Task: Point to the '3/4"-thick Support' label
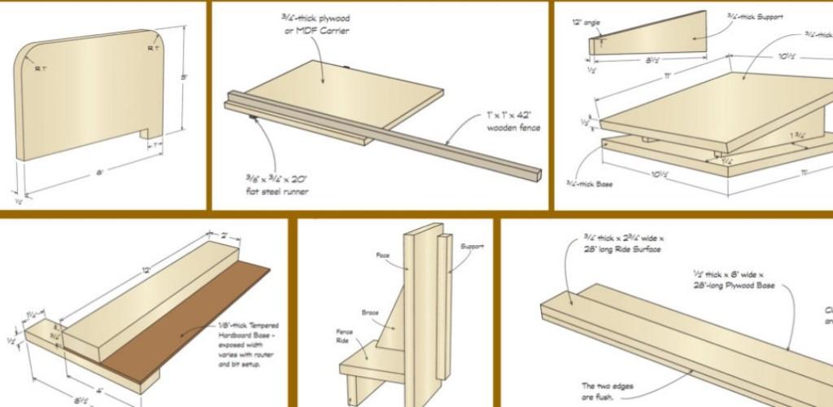point(757,17)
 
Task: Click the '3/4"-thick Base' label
point(587,184)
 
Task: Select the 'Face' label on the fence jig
point(383,256)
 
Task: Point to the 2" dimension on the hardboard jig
point(225,235)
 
